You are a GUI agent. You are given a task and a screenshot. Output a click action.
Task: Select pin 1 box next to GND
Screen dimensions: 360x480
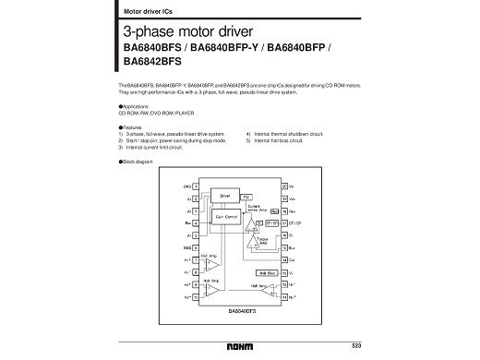tap(196, 186)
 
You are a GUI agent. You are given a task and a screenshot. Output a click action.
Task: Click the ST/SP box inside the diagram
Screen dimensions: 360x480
tap(271, 222)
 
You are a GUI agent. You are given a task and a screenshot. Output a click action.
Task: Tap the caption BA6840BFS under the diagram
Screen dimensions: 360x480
tap(239, 311)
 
